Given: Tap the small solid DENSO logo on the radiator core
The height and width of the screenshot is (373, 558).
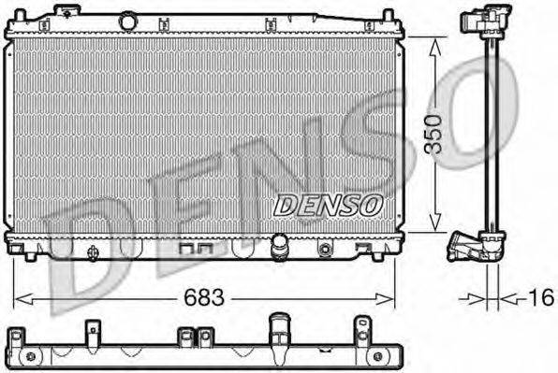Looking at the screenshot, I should click(x=328, y=201).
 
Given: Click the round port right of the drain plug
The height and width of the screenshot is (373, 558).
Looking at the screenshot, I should click(x=325, y=250).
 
